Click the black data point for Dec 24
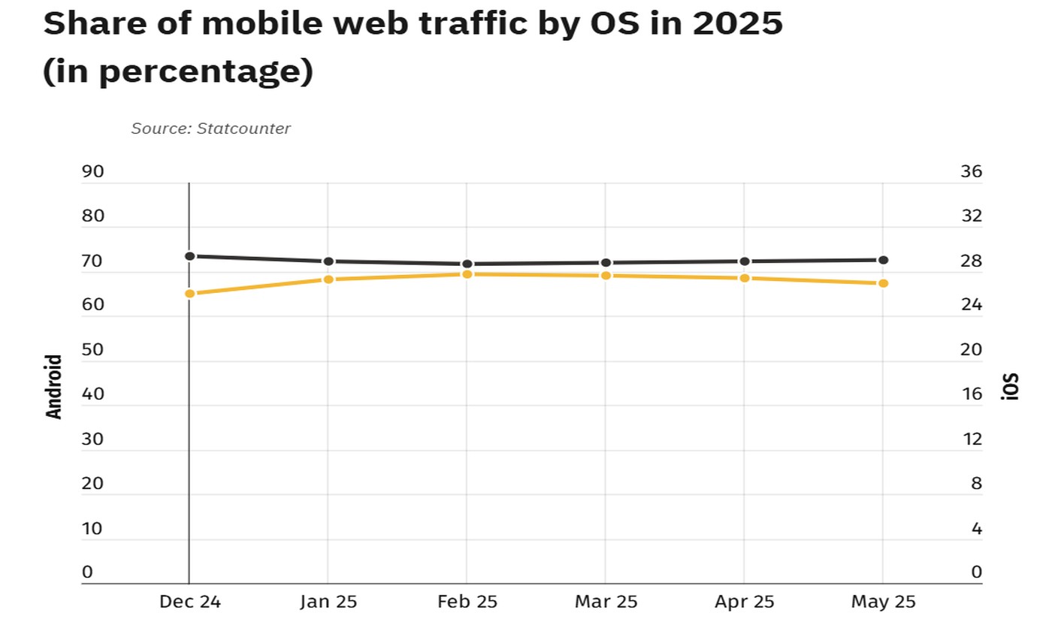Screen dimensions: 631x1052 (x=190, y=256)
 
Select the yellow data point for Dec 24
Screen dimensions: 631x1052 (x=190, y=294)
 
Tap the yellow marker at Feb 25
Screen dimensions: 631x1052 (x=467, y=274)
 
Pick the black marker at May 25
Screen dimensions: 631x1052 (x=884, y=260)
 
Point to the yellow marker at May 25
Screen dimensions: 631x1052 (x=884, y=283)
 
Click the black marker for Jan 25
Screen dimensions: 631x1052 (x=328, y=261)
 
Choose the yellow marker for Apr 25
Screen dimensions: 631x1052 (x=745, y=278)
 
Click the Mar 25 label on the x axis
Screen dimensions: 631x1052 (x=606, y=602)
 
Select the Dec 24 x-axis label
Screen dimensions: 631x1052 (x=190, y=602)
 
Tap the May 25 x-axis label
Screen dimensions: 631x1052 (x=883, y=602)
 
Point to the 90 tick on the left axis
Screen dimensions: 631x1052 (x=92, y=172)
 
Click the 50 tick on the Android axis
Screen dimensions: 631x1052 (x=92, y=350)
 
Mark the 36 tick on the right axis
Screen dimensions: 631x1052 (x=971, y=172)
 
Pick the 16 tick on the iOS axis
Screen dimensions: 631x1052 (x=971, y=394)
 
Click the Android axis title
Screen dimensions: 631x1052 (x=54, y=386)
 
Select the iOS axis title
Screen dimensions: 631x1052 (x=1011, y=386)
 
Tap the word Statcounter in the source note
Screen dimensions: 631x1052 (x=243, y=128)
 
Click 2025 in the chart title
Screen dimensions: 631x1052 (x=737, y=23)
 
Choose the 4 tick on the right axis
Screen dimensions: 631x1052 (x=976, y=529)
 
